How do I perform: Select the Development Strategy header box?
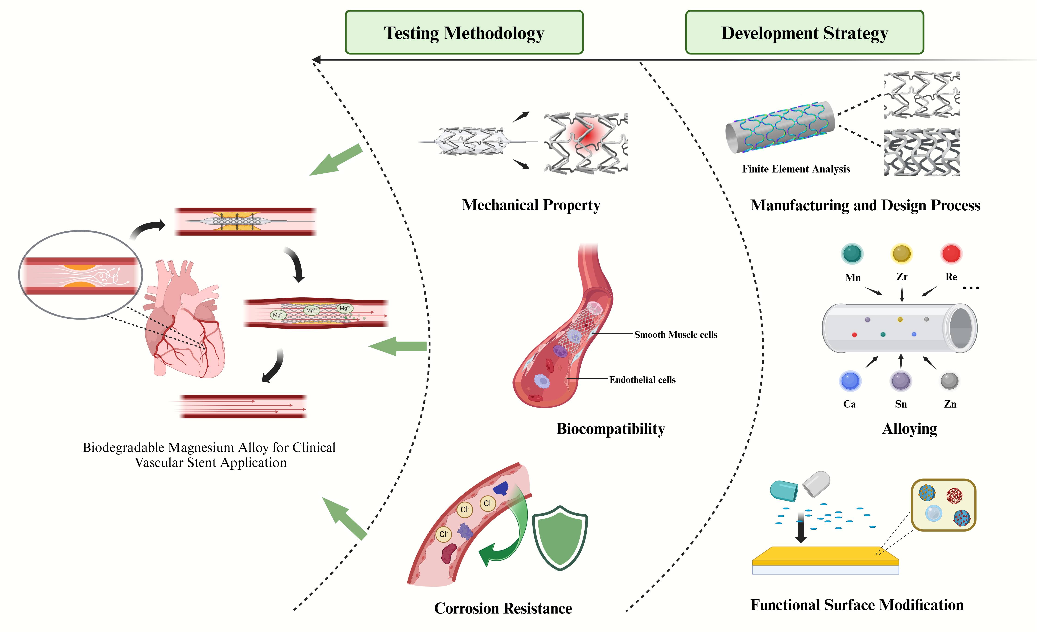tap(804, 32)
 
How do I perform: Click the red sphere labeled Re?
tap(951, 254)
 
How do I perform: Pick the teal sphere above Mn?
tap(852, 254)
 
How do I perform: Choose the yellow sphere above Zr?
tap(902, 254)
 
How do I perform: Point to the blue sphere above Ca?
tap(850, 381)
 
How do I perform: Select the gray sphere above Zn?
tap(949, 381)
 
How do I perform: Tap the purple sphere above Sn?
tap(901, 381)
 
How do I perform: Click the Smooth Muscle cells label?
tap(675, 335)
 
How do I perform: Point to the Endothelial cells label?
tap(642, 380)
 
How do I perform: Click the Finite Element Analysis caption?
tap(796, 169)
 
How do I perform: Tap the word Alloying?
tap(909, 429)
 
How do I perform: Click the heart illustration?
tap(185, 324)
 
